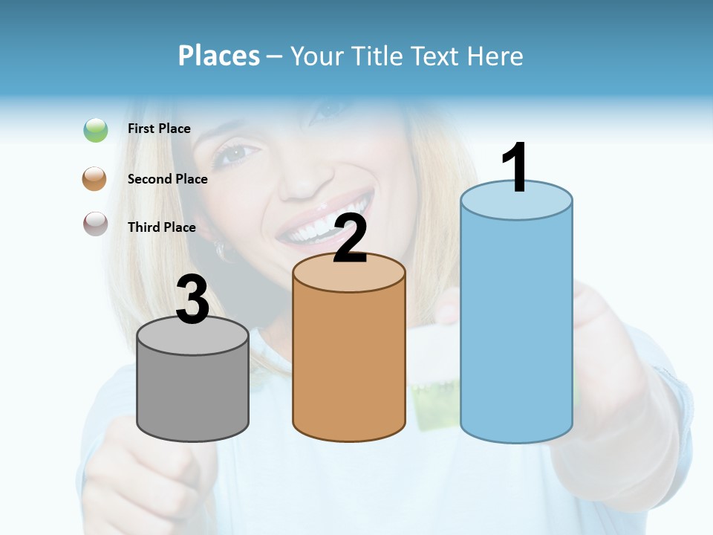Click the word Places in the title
point(218,56)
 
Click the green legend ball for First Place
point(96,129)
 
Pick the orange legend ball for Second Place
point(95,179)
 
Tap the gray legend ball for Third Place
point(96,224)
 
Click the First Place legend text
point(159,129)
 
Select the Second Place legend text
point(167,179)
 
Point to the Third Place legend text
point(161,227)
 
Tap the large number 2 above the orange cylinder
point(350,239)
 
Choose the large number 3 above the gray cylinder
point(192,299)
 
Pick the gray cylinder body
point(192,394)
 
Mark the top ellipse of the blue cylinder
point(516,201)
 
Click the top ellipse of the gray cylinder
point(192,336)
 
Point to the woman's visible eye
point(236,154)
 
